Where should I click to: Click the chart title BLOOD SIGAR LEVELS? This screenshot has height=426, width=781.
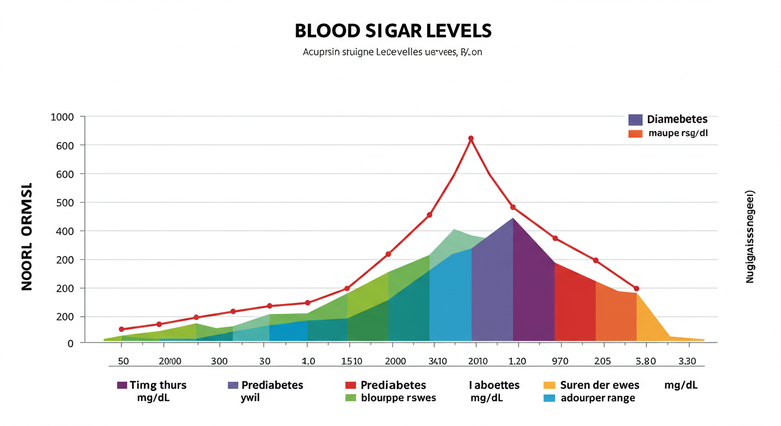pos(393,31)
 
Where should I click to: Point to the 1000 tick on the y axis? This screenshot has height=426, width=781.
pos(62,117)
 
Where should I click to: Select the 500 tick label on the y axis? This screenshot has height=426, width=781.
pos(64,202)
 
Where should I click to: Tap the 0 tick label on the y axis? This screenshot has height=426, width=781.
pos(70,343)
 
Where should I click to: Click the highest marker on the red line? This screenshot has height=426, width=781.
pos(471,138)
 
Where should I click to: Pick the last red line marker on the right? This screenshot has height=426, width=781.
pos(636,288)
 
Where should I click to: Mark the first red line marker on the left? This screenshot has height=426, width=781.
pos(121,329)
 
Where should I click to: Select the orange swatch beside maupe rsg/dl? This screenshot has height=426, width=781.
pos(635,134)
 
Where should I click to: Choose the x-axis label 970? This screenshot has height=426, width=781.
pos(560,361)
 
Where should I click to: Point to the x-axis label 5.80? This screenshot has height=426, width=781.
pos(646,361)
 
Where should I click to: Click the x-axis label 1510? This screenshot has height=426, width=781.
pos(352,361)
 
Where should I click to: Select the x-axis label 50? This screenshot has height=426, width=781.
pos(123,361)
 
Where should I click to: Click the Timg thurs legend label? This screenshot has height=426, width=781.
pos(158,385)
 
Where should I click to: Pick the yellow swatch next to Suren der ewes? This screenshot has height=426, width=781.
pos(549,385)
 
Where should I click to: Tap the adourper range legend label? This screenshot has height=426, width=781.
pos(598,398)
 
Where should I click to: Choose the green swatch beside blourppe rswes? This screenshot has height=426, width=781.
pos(350,398)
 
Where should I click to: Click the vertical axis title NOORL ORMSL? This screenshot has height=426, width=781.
pos(27,236)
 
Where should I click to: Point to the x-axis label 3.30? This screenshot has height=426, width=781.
pos(687,361)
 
